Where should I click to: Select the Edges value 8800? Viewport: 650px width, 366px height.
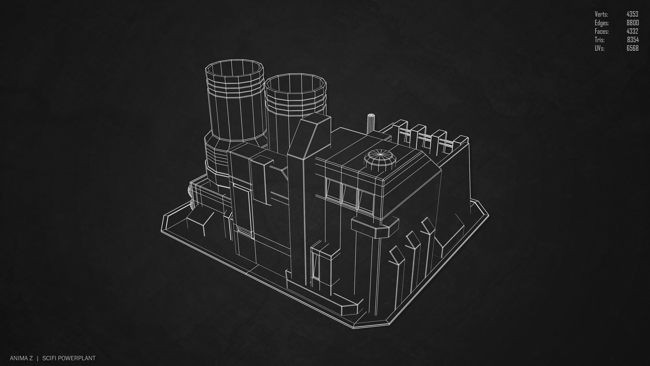pos(632,23)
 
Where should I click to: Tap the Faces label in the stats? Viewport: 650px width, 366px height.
pos(602,31)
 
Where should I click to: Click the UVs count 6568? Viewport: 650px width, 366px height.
pos(632,48)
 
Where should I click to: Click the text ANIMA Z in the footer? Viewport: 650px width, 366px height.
pos(21,358)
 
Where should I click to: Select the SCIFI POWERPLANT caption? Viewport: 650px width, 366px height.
pos(69,358)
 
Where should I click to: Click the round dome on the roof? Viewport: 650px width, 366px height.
pos(380,159)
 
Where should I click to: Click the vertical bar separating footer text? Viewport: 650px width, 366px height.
pos(38,358)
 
